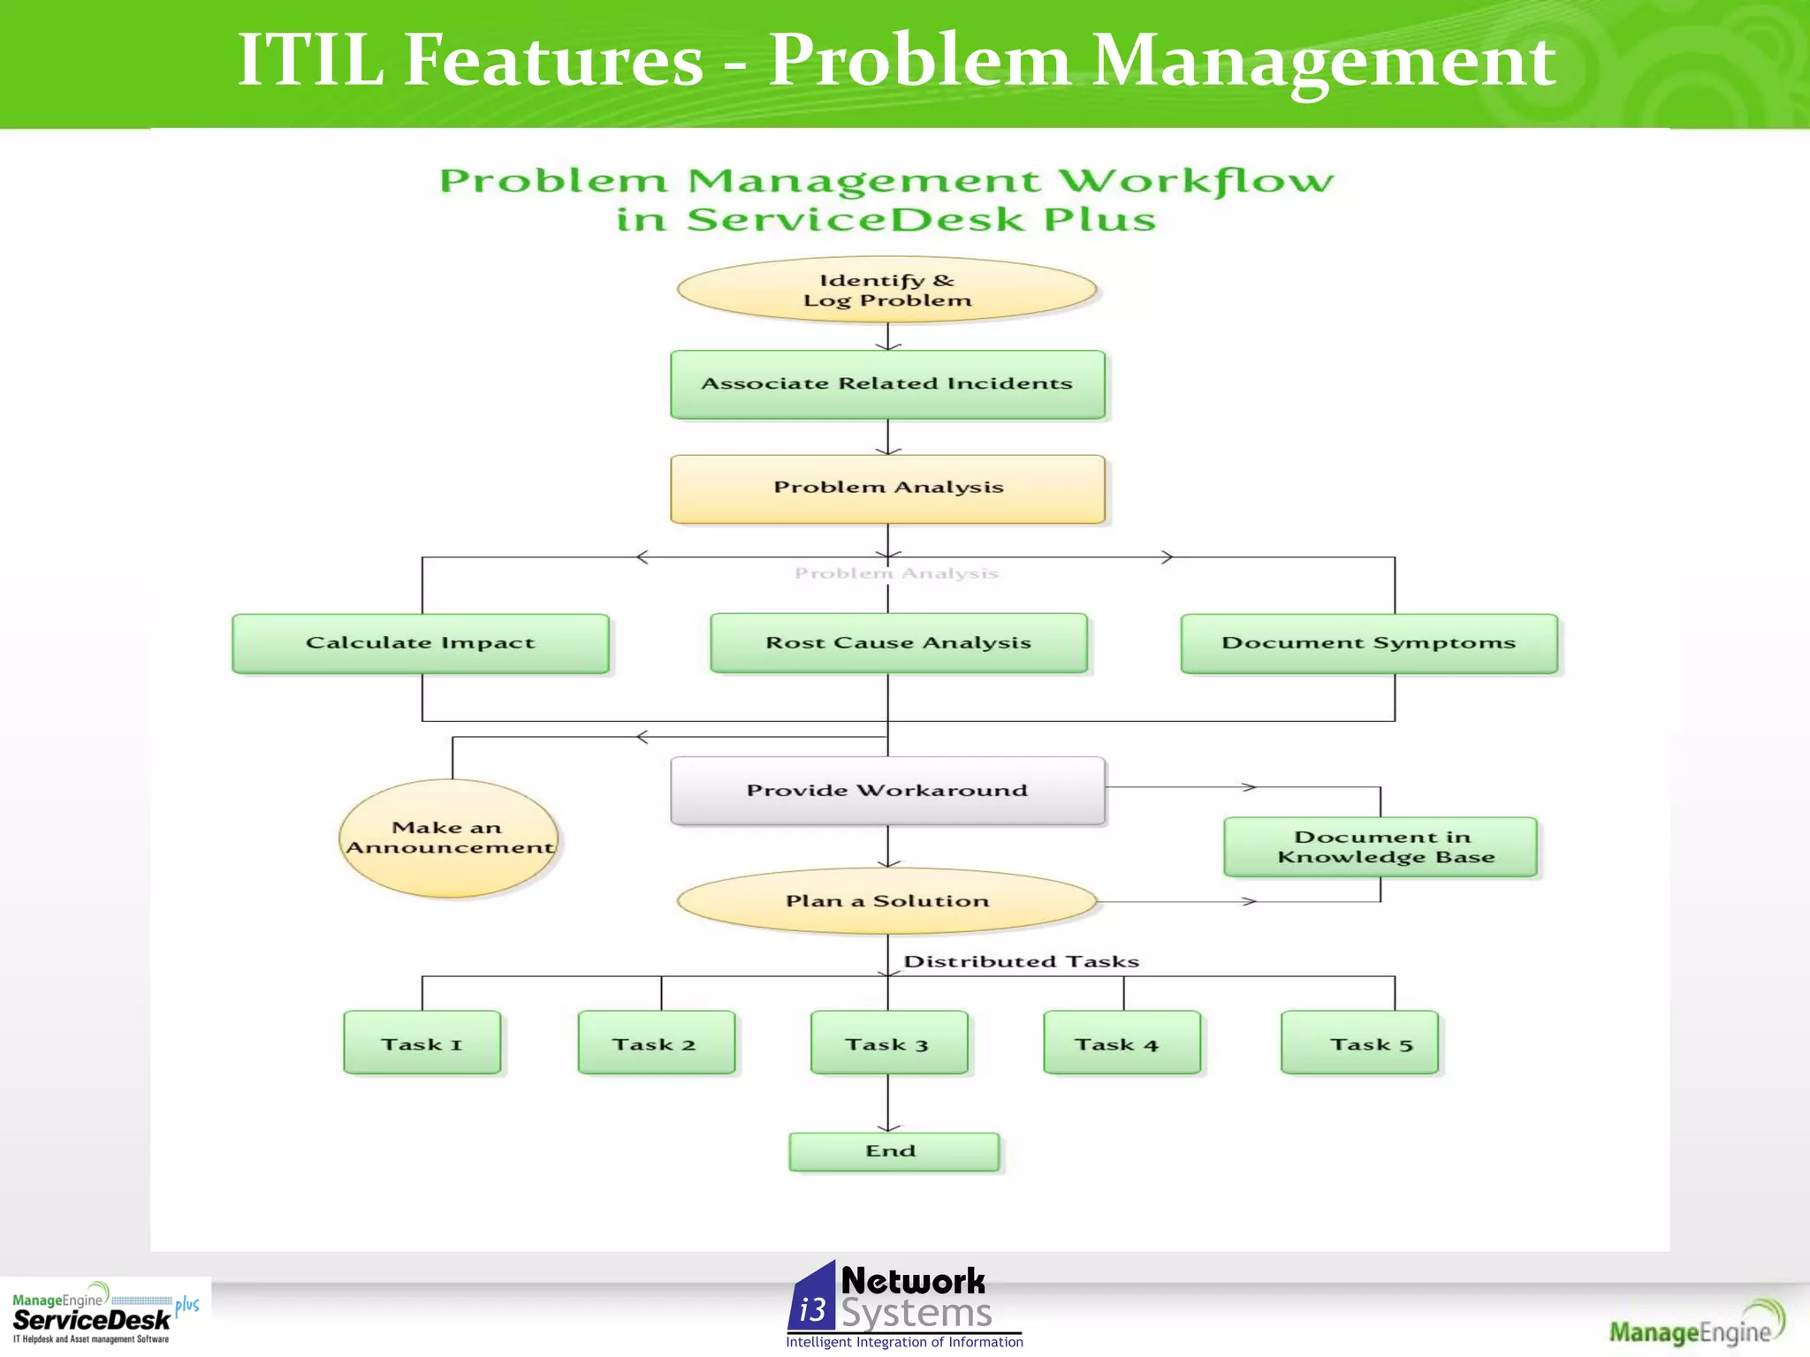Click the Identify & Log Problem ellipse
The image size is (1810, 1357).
[886, 290]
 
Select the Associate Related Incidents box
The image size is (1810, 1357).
[887, 384]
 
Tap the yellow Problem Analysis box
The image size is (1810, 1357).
[887, 489]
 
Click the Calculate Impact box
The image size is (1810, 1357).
[421, 643]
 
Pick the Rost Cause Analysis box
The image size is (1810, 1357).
[899, 643]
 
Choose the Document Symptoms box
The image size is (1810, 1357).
[1369, 643]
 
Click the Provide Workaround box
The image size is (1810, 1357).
[887, 791]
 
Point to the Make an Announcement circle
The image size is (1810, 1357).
[449, 838]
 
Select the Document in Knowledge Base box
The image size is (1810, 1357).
[1380, 846]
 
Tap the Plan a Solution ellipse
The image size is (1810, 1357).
[887, 901]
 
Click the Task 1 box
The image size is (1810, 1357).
[422, 1043]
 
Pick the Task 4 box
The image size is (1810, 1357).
[1122, 1043]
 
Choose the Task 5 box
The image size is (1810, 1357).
[1359, 1043]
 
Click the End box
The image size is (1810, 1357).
[894, 1151]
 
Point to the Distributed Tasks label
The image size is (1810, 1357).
[1021, 961]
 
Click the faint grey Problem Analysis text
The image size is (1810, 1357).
[896, 573]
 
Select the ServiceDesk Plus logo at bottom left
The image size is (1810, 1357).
[104, 1315]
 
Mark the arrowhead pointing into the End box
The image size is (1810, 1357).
[888, 1127]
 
